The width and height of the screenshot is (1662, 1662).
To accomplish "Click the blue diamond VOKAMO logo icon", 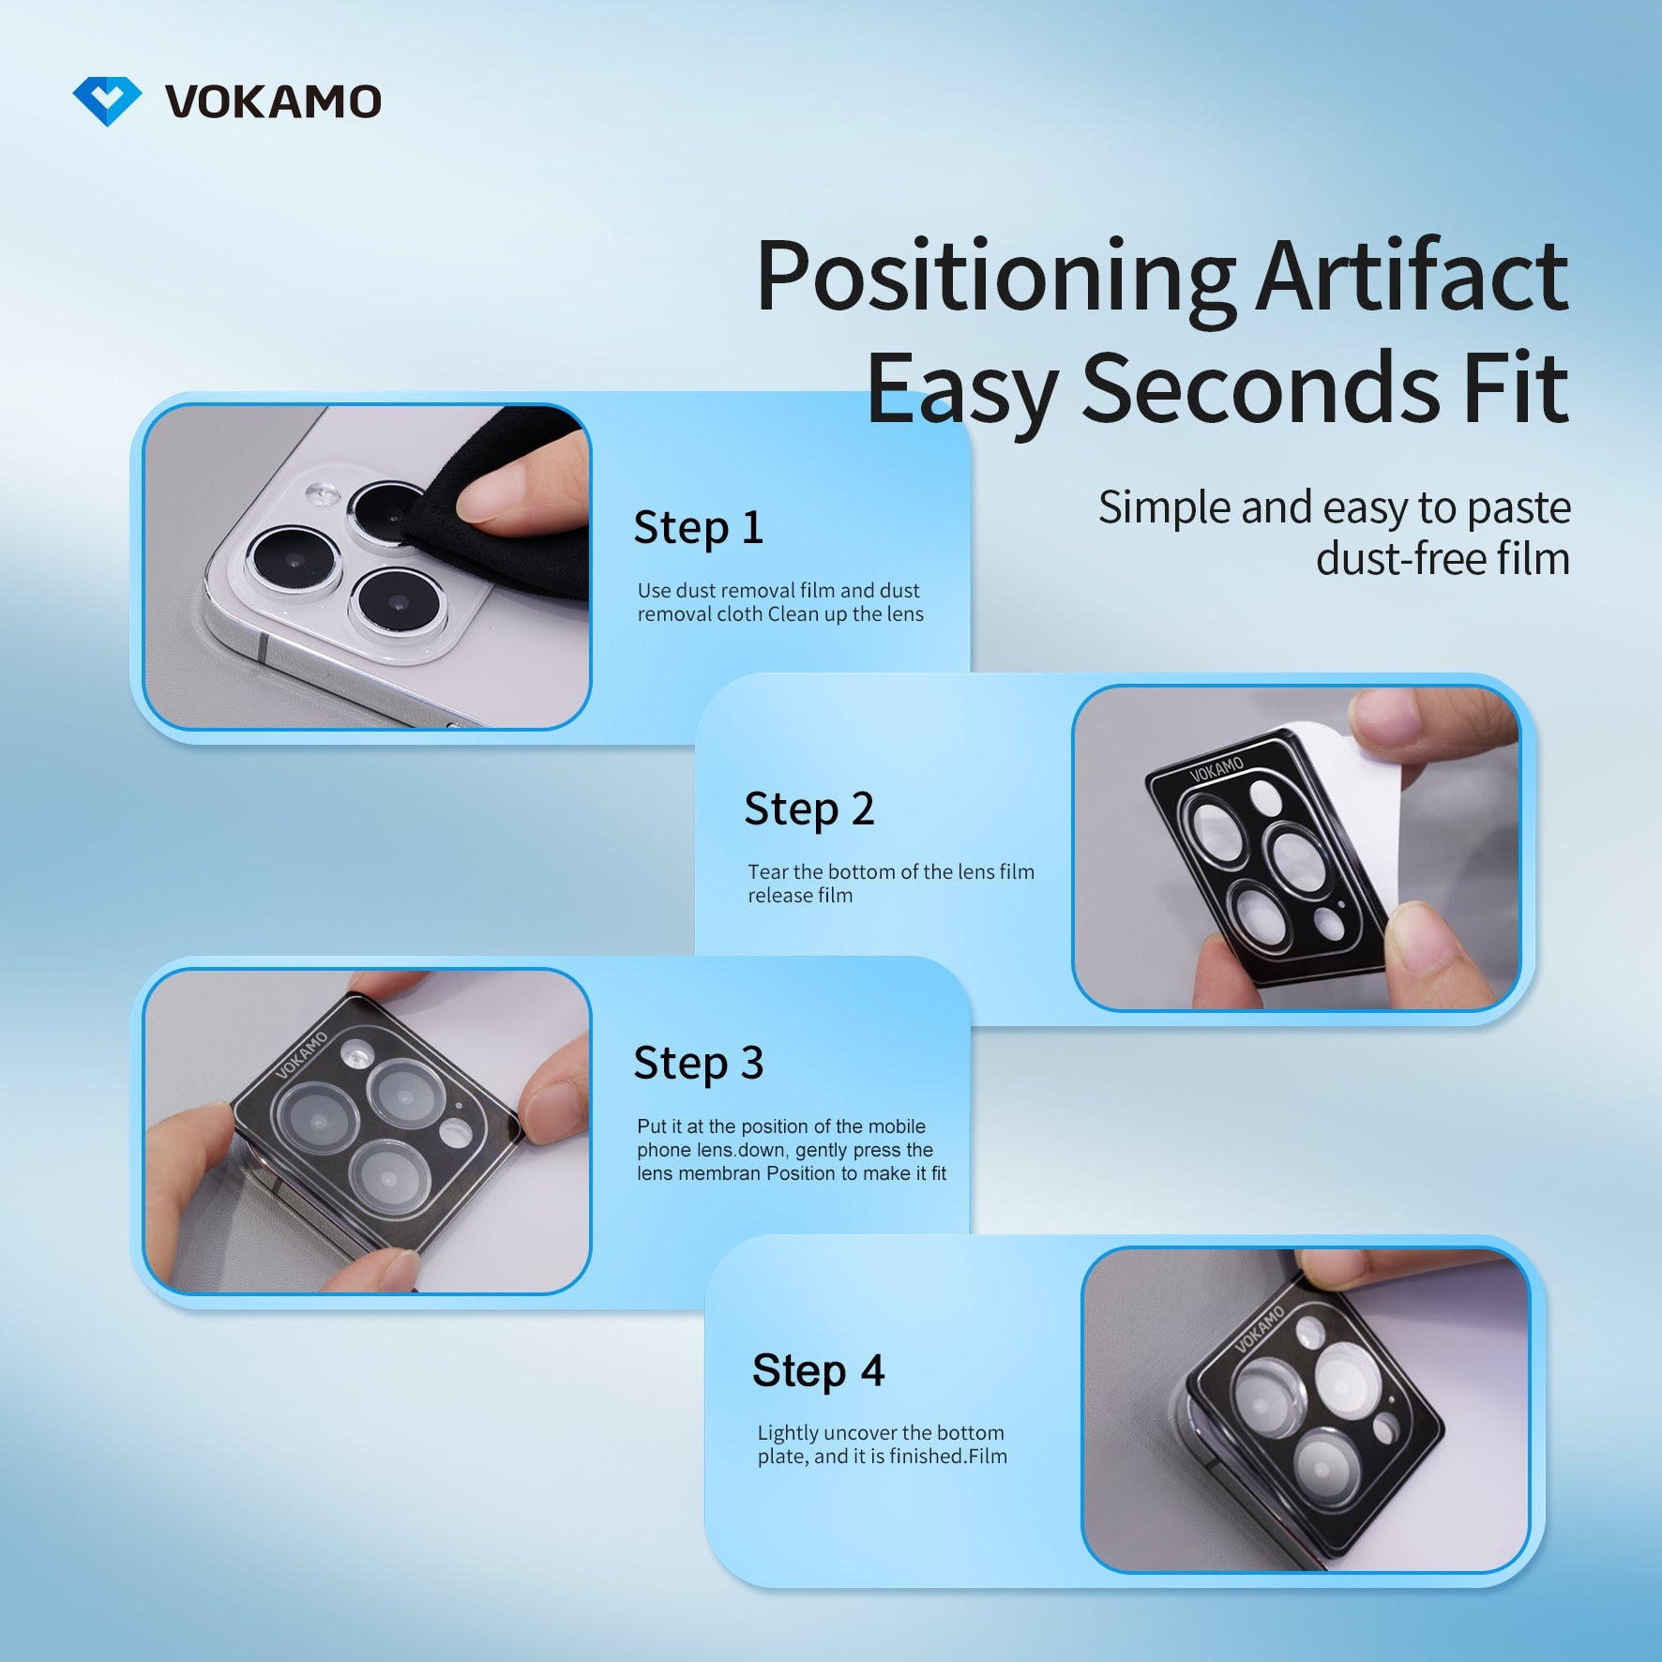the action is pos(107,100).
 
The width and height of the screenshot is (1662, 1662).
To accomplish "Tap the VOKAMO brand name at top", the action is pos(273,101).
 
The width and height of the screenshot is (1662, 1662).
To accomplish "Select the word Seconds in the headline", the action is pos(1261,387).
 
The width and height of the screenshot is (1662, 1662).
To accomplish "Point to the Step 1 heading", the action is pos(698,527).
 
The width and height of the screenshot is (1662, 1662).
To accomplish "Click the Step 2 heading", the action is pos(808,808).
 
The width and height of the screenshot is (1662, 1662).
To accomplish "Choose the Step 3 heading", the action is pos(698,1063).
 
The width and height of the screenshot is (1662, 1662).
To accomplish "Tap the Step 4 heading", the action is pos(818,1370).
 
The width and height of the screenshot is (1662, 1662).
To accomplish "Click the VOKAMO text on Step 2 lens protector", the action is pos(1216,770).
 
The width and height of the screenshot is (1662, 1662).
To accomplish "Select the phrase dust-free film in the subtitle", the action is pos(1443,559).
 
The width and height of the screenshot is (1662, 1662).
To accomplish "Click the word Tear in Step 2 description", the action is pos(767,872).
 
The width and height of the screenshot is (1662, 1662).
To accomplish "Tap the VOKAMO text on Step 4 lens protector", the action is pos(1259,1330).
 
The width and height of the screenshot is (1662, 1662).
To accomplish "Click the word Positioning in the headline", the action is pos(996,278).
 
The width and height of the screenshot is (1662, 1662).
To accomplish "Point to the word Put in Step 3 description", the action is pos(652,1126).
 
